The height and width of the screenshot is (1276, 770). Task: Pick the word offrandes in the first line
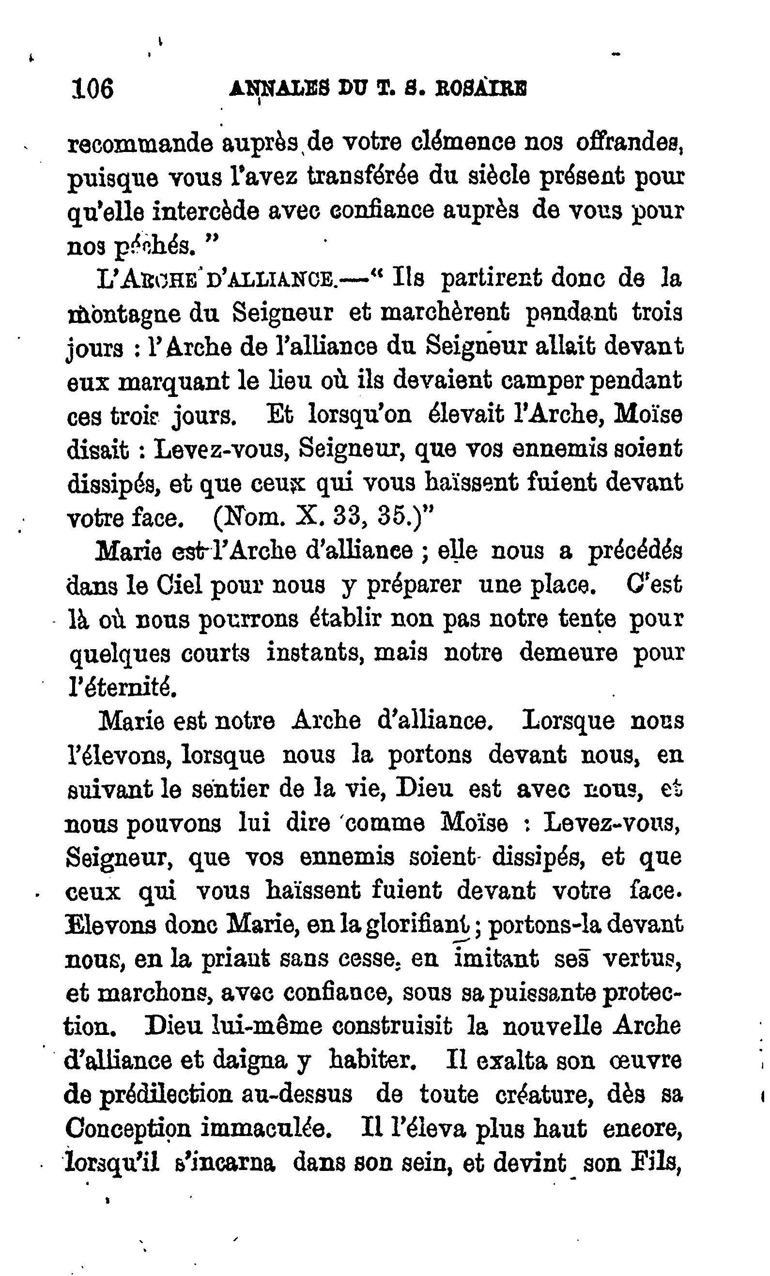[628, 142]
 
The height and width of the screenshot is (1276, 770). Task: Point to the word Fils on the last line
[653, 1163]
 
